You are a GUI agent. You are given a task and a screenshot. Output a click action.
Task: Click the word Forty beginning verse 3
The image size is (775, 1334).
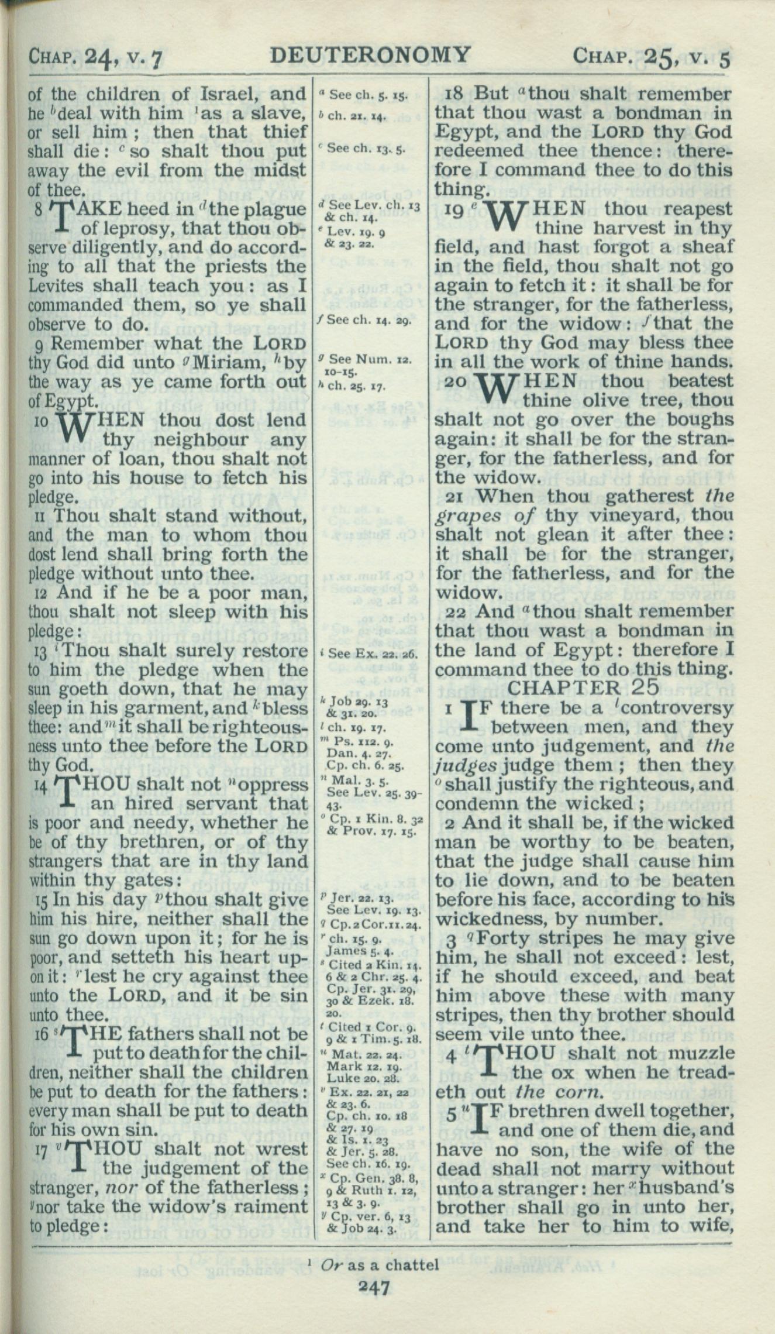click(x=498, y=938)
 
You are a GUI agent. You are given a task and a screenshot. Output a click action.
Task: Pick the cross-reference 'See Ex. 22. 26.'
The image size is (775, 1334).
click(x=373, y=654)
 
